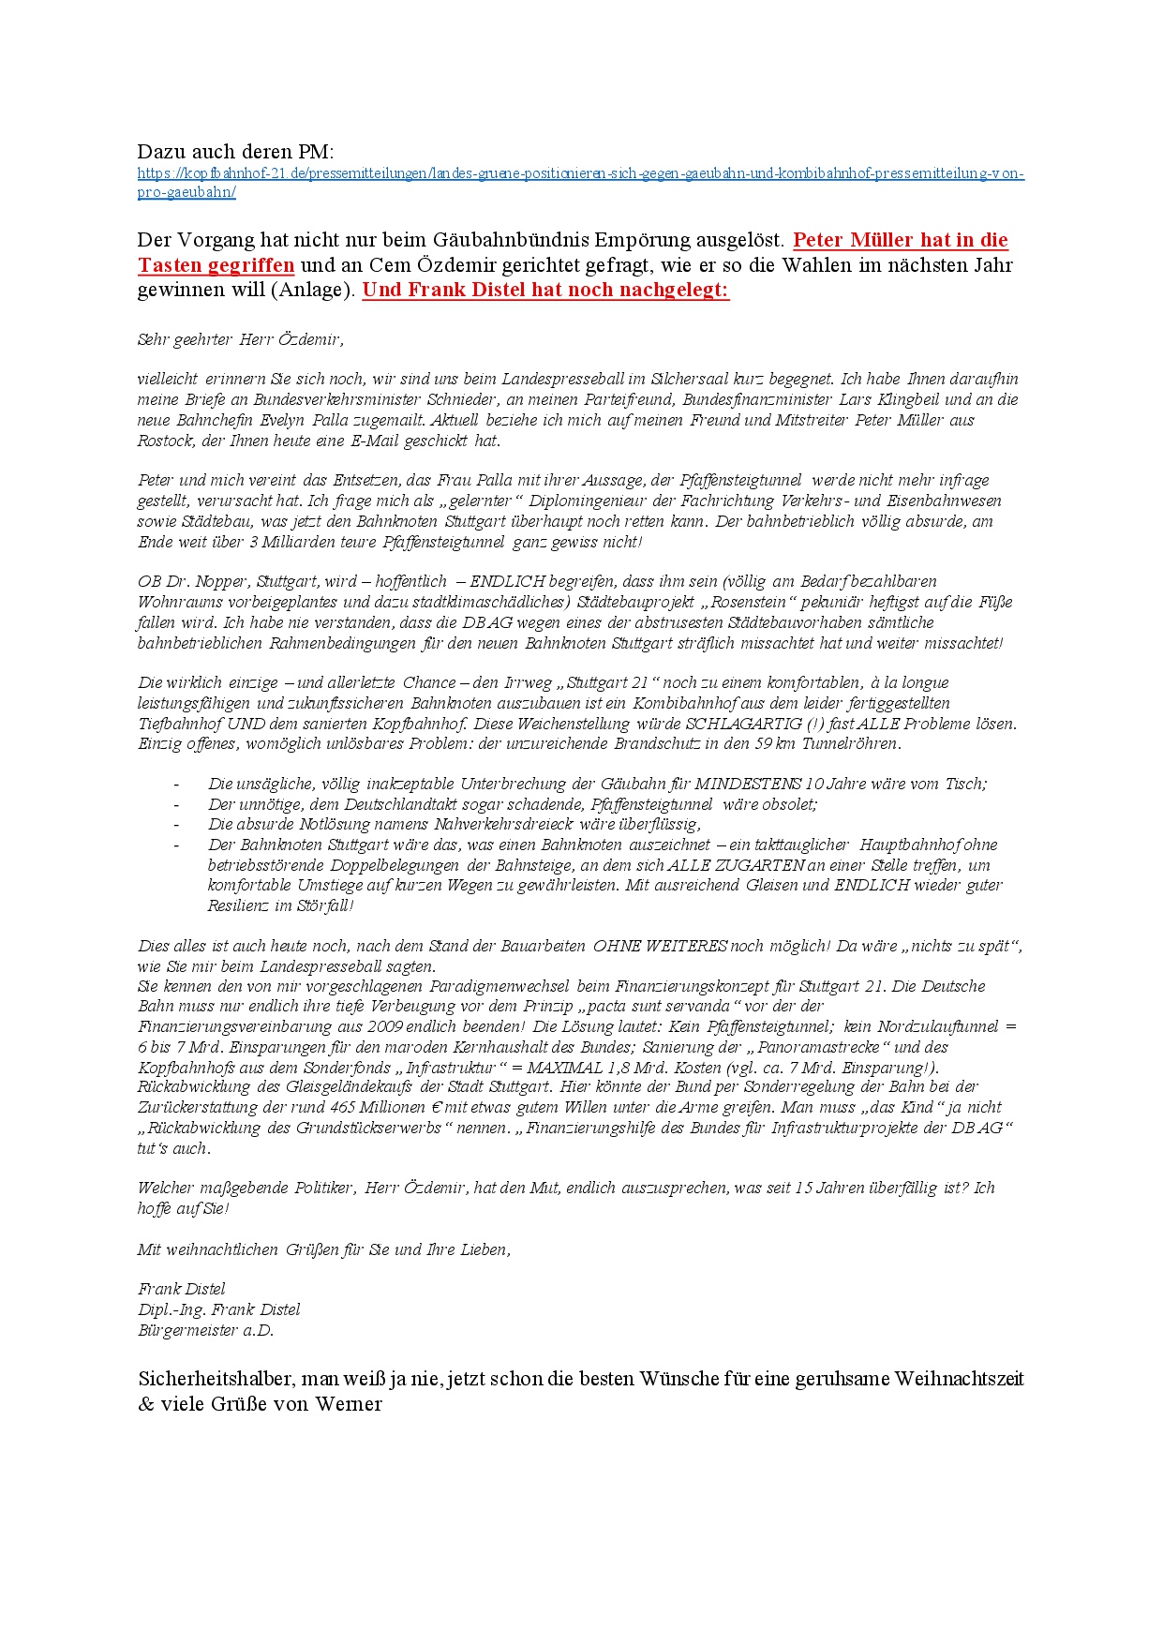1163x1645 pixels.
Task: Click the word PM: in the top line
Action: click(x=316, y=152)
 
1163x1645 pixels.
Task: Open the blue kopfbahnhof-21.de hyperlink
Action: click(x=580, y=174)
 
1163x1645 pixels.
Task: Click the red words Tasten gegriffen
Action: click(x=216, y=265)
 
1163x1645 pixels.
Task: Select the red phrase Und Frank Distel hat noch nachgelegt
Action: click(x=545, y=290)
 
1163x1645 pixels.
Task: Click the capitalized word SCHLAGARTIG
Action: click(x=743, y=724)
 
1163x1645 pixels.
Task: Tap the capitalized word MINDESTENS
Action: click(x=748, y=784)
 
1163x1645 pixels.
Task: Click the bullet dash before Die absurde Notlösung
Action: click(x=176, y=825)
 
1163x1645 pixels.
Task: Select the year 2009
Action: click(x=384, y=1026)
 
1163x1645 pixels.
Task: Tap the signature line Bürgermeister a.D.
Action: click(x=205, y=1330)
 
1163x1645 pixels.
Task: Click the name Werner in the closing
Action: click(x=349, y=1404)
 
